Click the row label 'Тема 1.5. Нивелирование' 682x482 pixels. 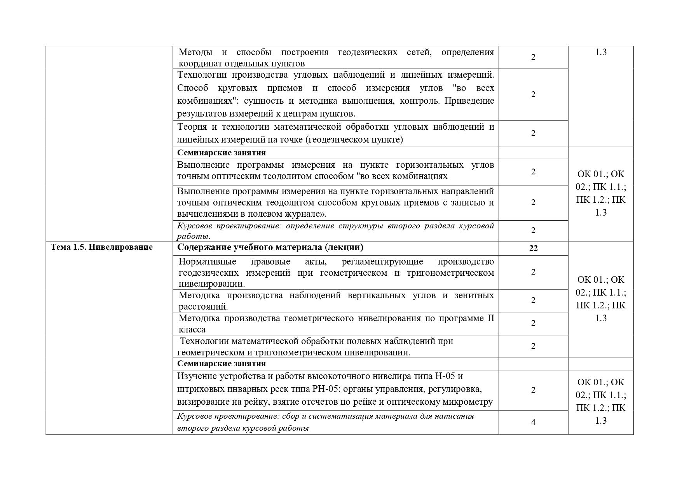pyautogui.click(x=101, y=247)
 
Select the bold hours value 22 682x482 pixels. pyautogui.click(x=533, y=248)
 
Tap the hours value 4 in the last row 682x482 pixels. pyautogui.click(x=533, y=422)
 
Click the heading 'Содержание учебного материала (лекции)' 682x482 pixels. pyautogui.click(x=270, y=247)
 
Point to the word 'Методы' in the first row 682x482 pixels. pyautogui.click(x=195, y=52)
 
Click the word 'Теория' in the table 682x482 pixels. pyautogui.click(x=194, y=127)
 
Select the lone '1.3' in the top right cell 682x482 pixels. pyautogui.click(x=601, y=52)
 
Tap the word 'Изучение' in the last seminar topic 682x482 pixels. pyautogui.click(x=197, y=376)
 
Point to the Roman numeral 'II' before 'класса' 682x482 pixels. pyautogui.click(x=490, y=318)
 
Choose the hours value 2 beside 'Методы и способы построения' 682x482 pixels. pyautogui.click(x=533, y=57)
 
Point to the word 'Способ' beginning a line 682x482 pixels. pyautogui.click(x=193, y=88)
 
